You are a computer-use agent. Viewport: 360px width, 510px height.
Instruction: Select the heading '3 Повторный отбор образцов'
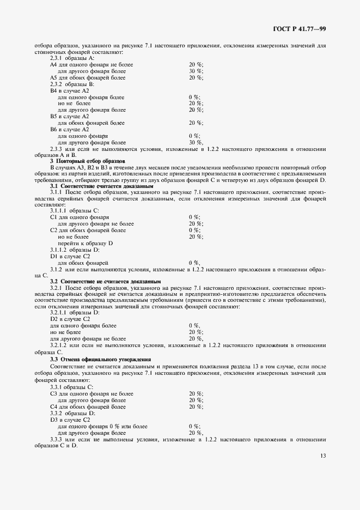[x=88, y=161]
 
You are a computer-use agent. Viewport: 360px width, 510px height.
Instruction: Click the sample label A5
[x=53, y=78]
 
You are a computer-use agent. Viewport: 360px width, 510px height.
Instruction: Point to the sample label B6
[x=53, y=129]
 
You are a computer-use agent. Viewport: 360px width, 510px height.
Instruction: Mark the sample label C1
[x=53, y=217]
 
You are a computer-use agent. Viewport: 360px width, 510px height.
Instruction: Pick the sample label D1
[x=53, y=256]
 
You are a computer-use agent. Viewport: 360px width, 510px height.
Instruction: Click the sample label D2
[x=53, y=319]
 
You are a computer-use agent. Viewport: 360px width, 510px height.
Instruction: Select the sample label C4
[x=53, y=406]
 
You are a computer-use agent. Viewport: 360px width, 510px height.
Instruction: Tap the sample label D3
[x=53, y=420]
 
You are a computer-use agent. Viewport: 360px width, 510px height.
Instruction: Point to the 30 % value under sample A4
[x=196, y=71]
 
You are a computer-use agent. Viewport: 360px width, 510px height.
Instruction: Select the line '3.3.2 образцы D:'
[x=72, y=413]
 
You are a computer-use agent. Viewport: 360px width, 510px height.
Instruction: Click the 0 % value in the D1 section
[x=194, y=262]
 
